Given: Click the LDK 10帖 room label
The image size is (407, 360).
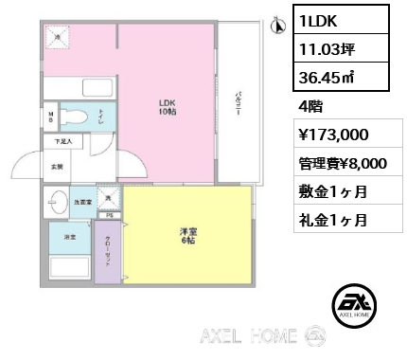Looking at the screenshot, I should [x=167, y=106].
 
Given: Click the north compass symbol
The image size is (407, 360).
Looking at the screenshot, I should [x=278, y=25].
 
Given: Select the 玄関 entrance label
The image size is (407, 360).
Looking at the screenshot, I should [x=57, y=167].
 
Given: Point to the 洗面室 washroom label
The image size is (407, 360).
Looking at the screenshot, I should [x=82, y=201].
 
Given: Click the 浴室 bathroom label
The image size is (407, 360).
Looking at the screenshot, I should [x=69, y=235].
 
